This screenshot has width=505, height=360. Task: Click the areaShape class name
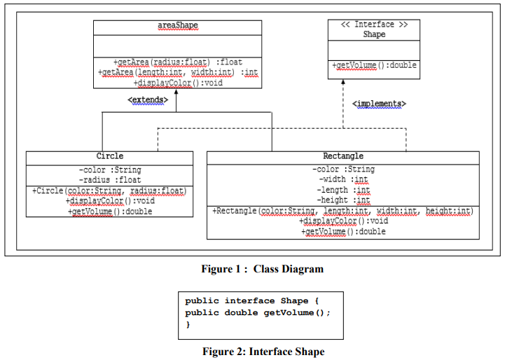177,26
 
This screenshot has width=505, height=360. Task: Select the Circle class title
109,156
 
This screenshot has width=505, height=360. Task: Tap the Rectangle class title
343,156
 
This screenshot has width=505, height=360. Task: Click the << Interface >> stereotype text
374,25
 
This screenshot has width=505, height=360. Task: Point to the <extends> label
148,101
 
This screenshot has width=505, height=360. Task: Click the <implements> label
379,104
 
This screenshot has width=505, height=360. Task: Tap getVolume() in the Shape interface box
374,65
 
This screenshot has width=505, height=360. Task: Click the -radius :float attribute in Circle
109,180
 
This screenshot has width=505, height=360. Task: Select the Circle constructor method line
109,191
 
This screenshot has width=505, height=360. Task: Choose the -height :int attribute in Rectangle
343,200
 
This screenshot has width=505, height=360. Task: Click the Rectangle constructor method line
343,211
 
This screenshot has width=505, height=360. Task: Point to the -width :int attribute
343,180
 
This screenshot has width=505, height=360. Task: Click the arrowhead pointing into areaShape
176,92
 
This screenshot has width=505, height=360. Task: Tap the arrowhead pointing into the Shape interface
343,83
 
